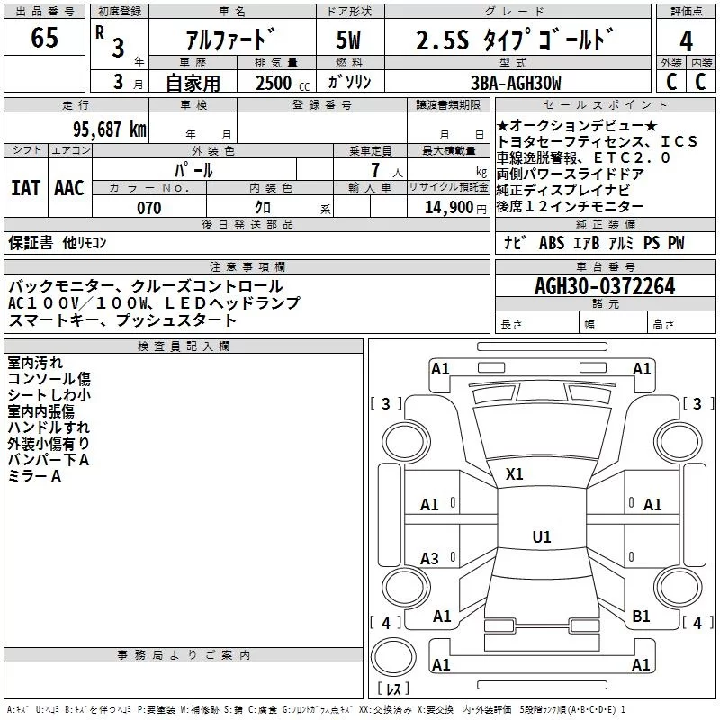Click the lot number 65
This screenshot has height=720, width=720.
[44, 40]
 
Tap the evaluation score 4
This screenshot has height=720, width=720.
[686, 41]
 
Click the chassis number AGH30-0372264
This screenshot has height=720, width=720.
[604, 286]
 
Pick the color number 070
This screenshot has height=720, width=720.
[148, 208]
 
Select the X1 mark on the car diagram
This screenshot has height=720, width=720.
[515, 473]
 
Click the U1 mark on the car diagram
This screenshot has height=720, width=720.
[541, 537]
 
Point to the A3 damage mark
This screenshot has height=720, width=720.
[429, 559]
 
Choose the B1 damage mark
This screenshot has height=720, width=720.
[641, 616]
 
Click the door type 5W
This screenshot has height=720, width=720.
[350, 41]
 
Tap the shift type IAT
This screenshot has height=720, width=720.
[25, 188]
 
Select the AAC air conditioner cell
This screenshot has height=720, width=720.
[69, 188]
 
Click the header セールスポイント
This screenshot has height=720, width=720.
[583, 105]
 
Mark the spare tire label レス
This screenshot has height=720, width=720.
[392, 689]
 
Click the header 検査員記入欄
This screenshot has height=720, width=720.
[184, 346]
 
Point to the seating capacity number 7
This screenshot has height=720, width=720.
[372, 170]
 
